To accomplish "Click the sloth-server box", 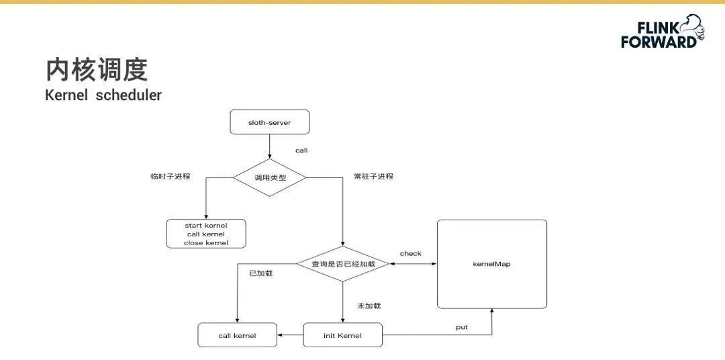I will tap(269, 122).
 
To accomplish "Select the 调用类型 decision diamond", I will tap(269, 177).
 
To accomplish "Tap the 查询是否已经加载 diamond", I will tap(343, 265).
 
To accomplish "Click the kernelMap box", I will tap(492, 264).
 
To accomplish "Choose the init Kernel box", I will tap(342, 335).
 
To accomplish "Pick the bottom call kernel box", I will tap(237, 335).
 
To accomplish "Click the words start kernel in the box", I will tap(206, 225).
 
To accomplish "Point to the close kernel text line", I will tap(206, 242).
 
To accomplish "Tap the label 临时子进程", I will tap(171, 177).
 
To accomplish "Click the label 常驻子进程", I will tap(373, 177).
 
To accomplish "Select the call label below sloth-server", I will tap(301, 150).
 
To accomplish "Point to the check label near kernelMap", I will tap(411, 253).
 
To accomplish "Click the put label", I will tap(461, 327).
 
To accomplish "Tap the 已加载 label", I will tap(260, 273).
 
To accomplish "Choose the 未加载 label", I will tap(369, 306).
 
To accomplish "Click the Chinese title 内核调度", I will tap(97, 70).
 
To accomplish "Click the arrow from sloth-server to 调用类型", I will tap(269, 146).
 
